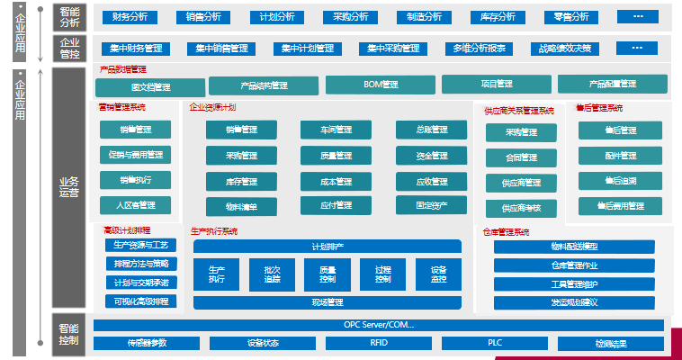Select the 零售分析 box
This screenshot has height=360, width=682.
(x=571, y=16)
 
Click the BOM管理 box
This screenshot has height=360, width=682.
(x=381, y=85)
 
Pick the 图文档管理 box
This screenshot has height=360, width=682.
(x=149, y=86)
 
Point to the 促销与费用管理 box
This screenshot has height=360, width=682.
(x=135, y=155)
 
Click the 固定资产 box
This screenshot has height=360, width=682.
(x=431, y=205)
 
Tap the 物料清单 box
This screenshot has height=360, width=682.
(x=241, y=206)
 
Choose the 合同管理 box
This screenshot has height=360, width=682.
(x=521, y=157)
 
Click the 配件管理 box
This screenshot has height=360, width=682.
(x=620, y=155)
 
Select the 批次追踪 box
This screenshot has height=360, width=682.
(x=273, y=274)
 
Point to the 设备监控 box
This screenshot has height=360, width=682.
(x=438, y=274)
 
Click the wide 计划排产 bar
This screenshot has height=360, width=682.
(x=327, y=246)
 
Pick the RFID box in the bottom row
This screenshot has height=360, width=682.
(x=380, y=343)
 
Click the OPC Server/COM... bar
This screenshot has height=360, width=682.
(x=379, y=325)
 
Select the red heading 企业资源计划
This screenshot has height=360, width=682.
(x=212, y=108)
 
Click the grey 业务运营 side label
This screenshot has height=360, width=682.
(x=68, y=186)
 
